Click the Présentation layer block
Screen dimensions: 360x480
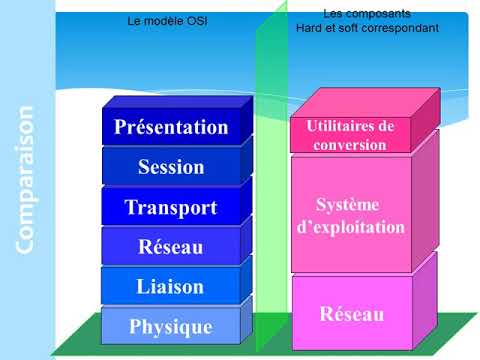click(x=171, y=127)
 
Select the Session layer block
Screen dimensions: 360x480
click(x=171, y=167)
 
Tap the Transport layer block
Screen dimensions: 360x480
click(x=171, y=207)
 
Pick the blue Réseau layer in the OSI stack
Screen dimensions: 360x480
click(x=171, y=246)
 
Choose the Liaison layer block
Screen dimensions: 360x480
click(x=171, y=286)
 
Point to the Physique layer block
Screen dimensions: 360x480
click(x=171, y=326)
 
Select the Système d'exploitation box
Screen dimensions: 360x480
click(x=352, y=215)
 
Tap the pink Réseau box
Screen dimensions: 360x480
click(x=351, y=314)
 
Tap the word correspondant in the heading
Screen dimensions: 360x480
click(x=400, y=28)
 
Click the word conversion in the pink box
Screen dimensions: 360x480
click(x=349, y=144)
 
